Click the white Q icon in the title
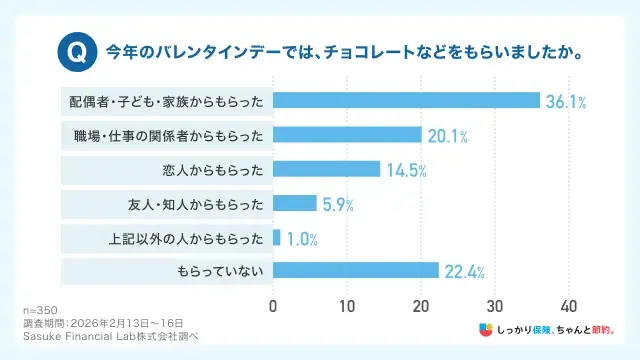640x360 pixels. (x=75, y=49)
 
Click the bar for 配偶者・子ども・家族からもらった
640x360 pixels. (x=406, y=100)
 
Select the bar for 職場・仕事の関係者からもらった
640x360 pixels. (x=347, y=135)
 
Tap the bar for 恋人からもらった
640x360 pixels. (x=326, y=169)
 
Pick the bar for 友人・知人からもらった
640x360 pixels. (x=295, y=204)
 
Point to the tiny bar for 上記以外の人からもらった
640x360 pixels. (x=277, y=238)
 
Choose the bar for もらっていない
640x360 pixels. (x=356, y=271)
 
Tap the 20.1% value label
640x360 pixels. (x=447, y=136)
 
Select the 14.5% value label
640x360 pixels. (x=406, y=170)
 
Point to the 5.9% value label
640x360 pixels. (x=338, y=205)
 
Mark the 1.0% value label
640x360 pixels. (x=302, y=239)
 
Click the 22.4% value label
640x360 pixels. (x=464, y=272)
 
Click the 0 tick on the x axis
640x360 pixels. (x=273, y=304)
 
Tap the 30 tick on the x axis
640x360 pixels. (x=495, y=304)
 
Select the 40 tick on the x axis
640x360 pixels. (x=569, y=304)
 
